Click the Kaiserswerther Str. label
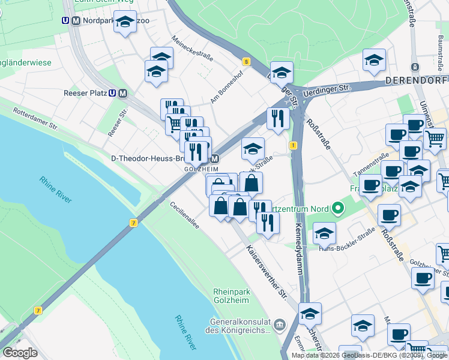click(264, 271)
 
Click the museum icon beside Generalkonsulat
click(279, 325)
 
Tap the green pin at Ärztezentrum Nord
click(338, 209)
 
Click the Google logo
click(19, 352)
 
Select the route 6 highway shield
click(246, 61)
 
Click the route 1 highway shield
click(293, 146)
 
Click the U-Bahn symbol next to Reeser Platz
click(112, 93)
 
